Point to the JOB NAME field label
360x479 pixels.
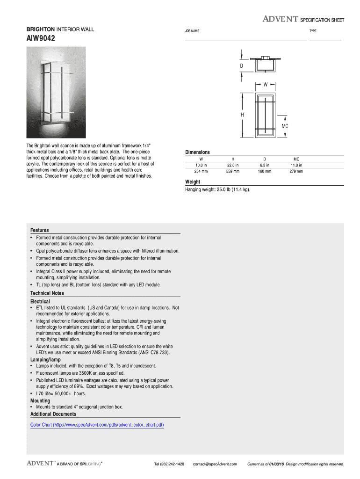[x=192, y=31]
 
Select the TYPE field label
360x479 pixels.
[x=313, y=31]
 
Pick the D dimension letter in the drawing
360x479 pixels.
[x=242, y=66]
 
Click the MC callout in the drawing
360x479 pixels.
[x=285, y=126]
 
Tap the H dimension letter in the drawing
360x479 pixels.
[x=242, y=115]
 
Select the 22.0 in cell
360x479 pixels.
[x=233, y=165]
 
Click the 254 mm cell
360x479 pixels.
[x=201, y=171]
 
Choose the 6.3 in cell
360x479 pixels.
[x=265, y=165]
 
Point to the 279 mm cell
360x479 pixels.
[x=296, y=171]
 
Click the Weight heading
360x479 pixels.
[x=193, y=181]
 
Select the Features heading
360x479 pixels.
[x=40, y=230]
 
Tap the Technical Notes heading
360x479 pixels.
[x=47, y=293]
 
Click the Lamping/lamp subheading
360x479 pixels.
[x=45, y=359]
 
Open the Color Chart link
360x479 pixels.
[x=97, y=425]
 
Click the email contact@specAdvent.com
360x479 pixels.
[x=215, y=464]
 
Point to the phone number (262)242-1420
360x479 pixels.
[x=169, y=464]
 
